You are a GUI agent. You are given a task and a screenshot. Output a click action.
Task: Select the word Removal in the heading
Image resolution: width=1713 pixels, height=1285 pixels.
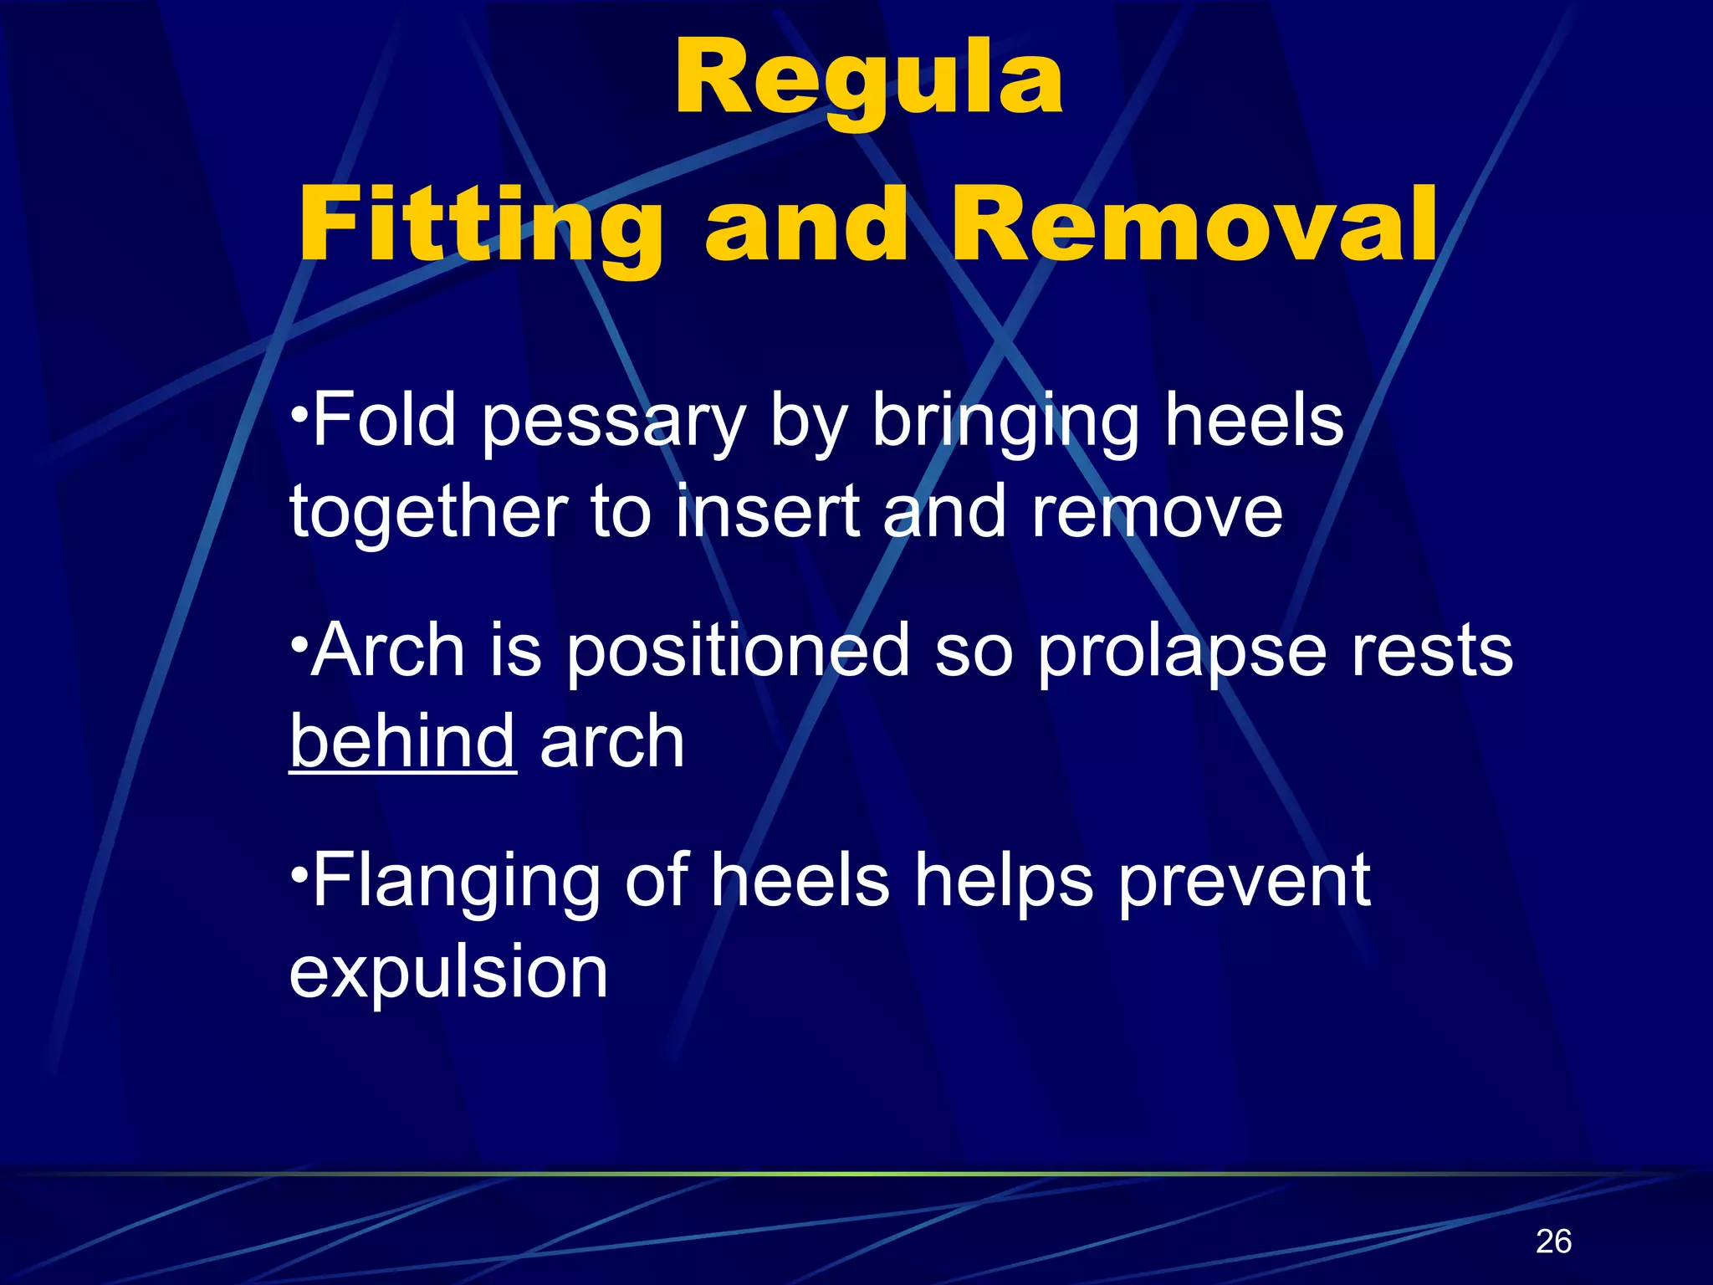click(x=1194, y=224)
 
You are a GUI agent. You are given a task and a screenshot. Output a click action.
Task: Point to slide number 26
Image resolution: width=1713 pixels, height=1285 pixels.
click(x=1553, y=1241)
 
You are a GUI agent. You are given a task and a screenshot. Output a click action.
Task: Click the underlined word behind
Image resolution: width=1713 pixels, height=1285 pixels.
click(x=402, y=741)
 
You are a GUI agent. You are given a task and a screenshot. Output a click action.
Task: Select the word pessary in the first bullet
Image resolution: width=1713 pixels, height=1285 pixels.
click(x=613, y=423)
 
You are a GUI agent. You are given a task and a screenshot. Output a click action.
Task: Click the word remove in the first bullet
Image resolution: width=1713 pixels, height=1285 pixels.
click(x=1157, y=512)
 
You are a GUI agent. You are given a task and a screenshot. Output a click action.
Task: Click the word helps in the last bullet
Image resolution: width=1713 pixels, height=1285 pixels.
click(x=1004, y=882)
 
